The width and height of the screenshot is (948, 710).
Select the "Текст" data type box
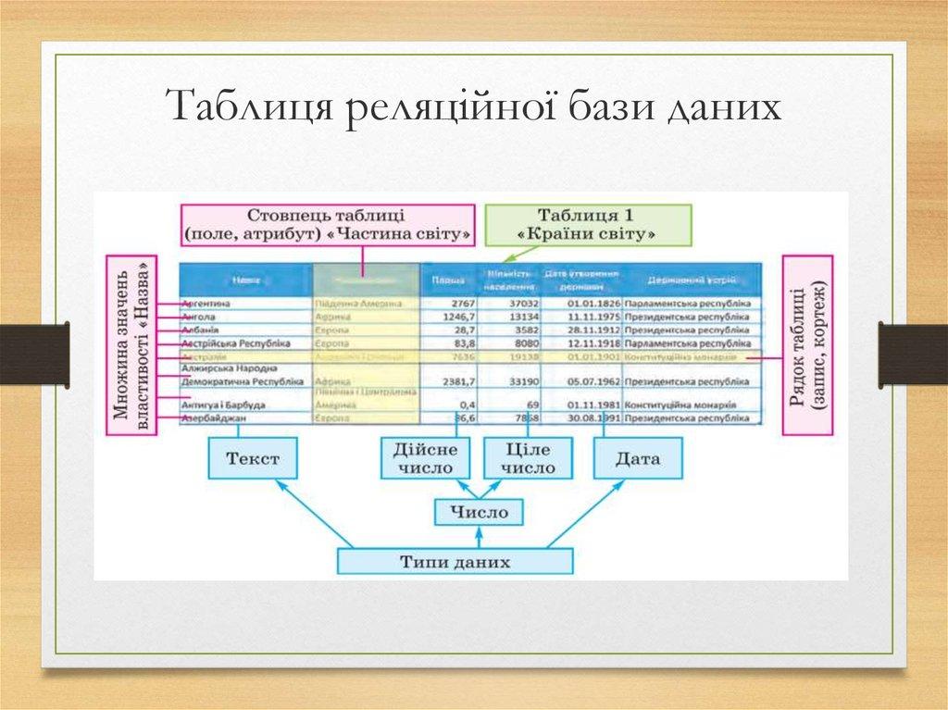pyautogui.click(x=251, y=458)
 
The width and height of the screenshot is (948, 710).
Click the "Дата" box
pyautogui.click(x=637, y=458)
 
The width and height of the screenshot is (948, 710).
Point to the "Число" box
pyautogui.click(x=478, y=511)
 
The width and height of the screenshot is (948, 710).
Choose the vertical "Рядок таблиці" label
pyautogui.click(x=807, y=344)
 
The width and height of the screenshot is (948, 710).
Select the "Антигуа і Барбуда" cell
pyautogui.click(x=223, y=405)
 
